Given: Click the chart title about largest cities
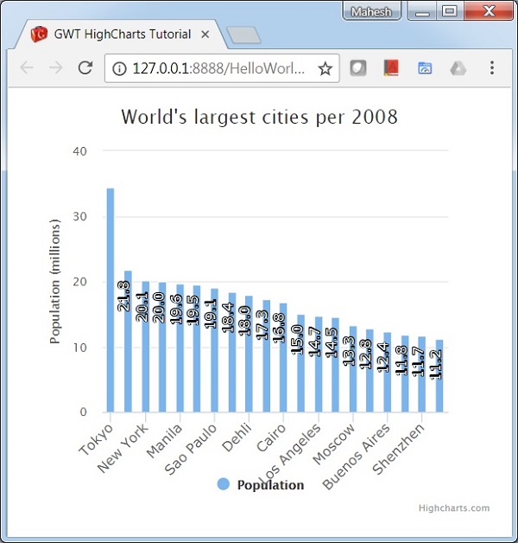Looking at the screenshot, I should pyautogui.click(x=259, y=117).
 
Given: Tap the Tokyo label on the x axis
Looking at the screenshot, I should pyautogui.click(x=96, y=440).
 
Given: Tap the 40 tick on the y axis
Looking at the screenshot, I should pyautogui.click(x=80, y=151).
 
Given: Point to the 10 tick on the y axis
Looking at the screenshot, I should pyautogui.click(x=80, y=348).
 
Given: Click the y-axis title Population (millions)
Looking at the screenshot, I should pyautogui.click(x=55, y=282).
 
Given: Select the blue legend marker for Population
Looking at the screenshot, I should pyautogui.click(x=224, y=484).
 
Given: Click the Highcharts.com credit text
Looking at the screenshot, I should pyautogui.click(x=453, y=508).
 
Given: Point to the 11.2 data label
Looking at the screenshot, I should pyautogui.click(x=437, y=363).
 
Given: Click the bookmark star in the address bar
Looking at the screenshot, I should pyautogui.click(x=325, y=68).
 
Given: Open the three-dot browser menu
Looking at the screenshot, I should pyautogui.click(x=492, y=68).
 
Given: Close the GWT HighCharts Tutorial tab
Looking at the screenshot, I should pyautogui.click(x=205, y=35).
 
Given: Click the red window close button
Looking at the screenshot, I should pyautogui.click(x=490, y=11).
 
